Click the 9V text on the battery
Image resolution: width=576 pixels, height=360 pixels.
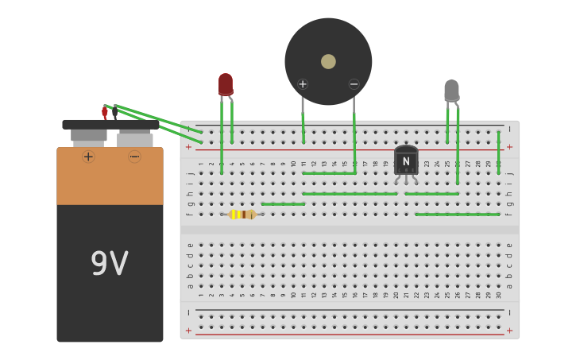pyautogui.click(x=109, y=264)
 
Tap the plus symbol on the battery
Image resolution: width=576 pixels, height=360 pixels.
pyautogui.click(x=88, y=157)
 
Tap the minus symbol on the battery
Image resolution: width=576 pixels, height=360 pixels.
pyautogui.click(x=134, y=157)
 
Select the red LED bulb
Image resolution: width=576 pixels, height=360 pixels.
pyautogui.click(x=226, y=84)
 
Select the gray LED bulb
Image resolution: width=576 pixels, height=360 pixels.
pyautogui.click(x=451, y=90)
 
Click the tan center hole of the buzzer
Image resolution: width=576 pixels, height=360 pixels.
pyautogui.click(x=328, y=61)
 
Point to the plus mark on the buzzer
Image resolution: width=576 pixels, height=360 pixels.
pyautogui.click(x=303, y=84)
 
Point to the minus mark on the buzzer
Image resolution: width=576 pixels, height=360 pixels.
pyautogui.click(x=354, y=84)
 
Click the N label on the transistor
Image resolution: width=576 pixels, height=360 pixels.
pyautogui.click(x=406, y=161)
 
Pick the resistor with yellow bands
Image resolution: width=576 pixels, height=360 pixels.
pyautogui.click(x=242, y=214)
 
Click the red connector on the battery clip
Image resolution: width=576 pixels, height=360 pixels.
pyautogui.click(x=104, y=113)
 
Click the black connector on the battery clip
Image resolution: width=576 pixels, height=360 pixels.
pyautogui.click(x=115, y=111)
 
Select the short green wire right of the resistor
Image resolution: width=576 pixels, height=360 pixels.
pyautogui.click(x=283, y=204)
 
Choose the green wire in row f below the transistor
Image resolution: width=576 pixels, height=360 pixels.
pyautogui.click(x=457, y=214)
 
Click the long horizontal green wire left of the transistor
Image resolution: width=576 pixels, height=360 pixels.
pyautogui.click(x=350, y=193)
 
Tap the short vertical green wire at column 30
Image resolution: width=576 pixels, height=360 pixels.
pyautogui.click(x=498, y=152)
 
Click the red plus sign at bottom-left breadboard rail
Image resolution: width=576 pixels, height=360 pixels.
pyautogui.click(x=188, y=331)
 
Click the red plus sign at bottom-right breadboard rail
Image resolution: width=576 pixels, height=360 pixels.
pyautogui.click(x=509, y=331)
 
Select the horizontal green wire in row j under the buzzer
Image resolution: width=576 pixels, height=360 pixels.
pyautogui.click(x=328, y=172)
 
